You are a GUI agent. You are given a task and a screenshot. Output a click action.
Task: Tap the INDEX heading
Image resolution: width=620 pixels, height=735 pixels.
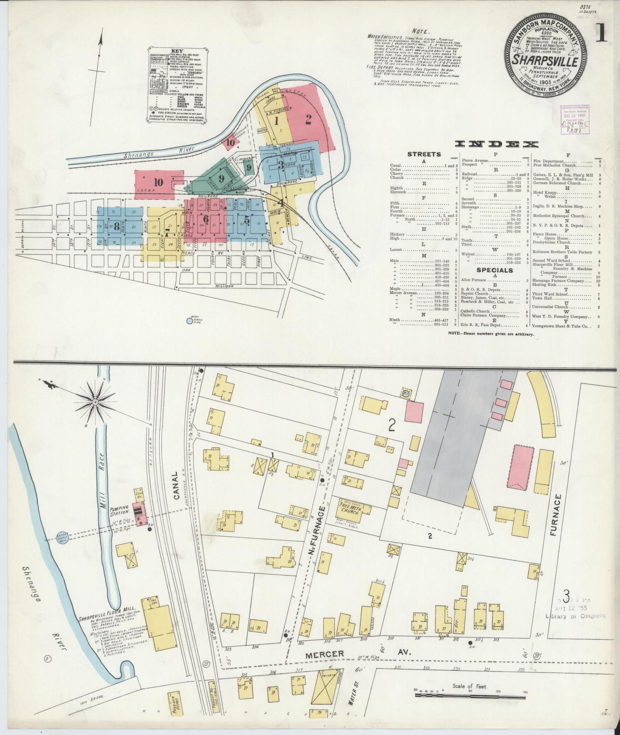(496, 144)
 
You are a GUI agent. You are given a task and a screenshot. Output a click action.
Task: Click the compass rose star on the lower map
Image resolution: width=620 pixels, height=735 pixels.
(95, 402)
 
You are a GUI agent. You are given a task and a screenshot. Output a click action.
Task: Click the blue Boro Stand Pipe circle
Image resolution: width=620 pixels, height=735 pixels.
(189, 320)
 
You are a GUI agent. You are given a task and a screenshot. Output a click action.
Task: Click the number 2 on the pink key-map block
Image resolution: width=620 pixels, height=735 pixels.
(308, 119)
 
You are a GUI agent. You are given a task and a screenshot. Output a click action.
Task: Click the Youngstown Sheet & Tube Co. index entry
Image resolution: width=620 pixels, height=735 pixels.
(561, 326)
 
